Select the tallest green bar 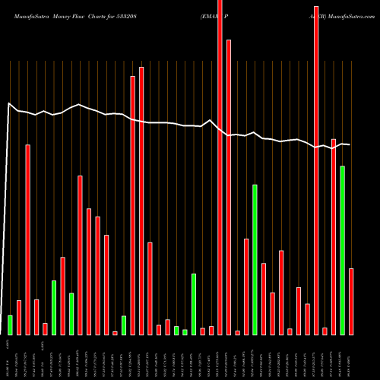[x=255, y=259]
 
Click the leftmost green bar [x=11, y=325]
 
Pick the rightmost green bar [x=343, y=250]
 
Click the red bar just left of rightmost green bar [x=334, y=236]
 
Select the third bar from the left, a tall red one [x=28, y=239]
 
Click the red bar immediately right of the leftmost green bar [x=19, y=317]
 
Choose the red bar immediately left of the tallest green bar [x=246, y=287]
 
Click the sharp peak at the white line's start [x=8, y=103]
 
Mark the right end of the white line [x=349, y=144]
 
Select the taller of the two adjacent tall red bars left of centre [x=141, y=201]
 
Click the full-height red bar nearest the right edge [x=316, y=167]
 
